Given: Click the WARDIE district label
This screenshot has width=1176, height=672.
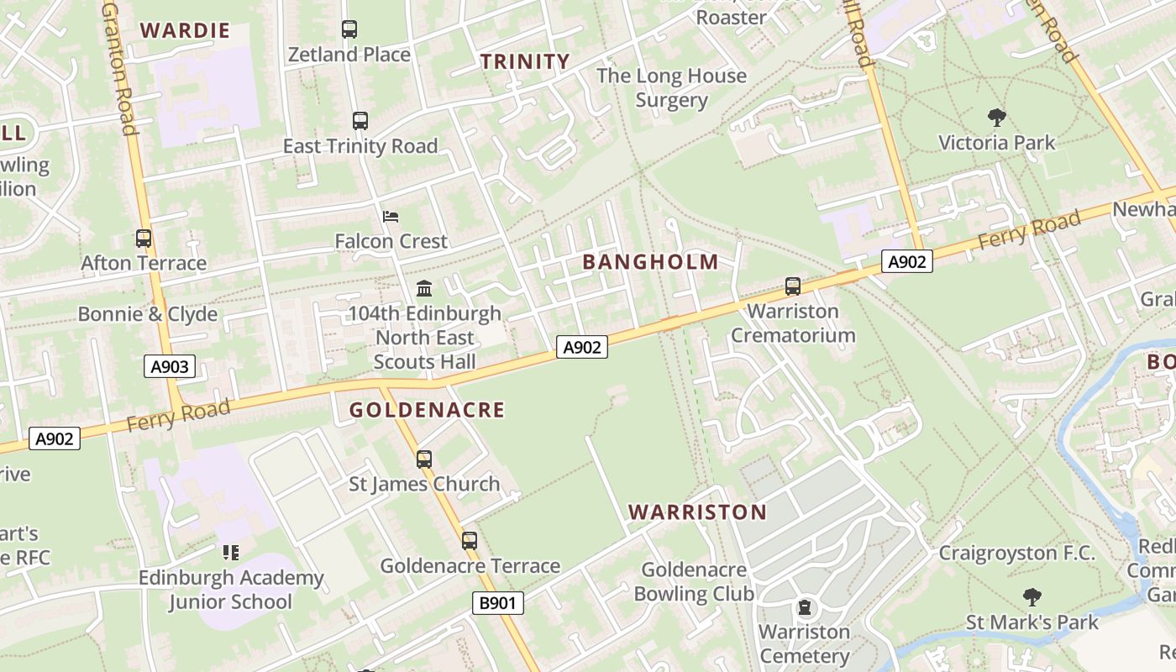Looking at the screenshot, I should pos(185,31).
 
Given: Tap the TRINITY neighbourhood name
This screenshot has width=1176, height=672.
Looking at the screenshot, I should pos(525,61).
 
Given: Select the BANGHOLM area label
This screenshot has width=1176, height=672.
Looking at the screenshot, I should pos(651,262).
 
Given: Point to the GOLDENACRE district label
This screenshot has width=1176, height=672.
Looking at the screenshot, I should pos(427,410).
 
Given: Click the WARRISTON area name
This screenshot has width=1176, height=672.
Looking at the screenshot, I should pos(697,512).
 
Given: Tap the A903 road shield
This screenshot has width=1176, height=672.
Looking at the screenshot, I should pos(170,366).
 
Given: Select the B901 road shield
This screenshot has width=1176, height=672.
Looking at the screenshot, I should pos(497,602).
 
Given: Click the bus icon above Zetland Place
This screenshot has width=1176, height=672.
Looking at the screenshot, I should pos(349,29).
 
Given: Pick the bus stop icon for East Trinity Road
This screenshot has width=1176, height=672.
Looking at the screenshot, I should pos(360,121).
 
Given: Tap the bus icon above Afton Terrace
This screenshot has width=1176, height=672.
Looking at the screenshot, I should pos(144,239).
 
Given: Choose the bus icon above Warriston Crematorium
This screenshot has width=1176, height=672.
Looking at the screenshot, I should pos(792,286).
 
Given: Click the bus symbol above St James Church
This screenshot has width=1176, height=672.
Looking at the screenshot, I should pos(424,459).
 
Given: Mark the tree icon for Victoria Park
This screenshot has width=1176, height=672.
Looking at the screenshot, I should pos(997,117).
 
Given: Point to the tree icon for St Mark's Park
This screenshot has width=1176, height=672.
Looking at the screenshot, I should pos(1032,597).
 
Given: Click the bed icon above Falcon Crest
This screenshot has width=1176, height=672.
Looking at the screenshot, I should pos(391,217).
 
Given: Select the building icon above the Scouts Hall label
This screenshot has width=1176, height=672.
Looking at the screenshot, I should pos(424,289).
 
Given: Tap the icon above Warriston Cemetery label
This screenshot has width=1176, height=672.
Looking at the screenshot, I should pos(805,606).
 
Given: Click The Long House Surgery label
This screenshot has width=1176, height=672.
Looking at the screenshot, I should pos(671,88).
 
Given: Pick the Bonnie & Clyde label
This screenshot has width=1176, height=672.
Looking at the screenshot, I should pos(148,314).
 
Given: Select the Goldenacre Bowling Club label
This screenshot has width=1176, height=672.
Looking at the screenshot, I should pos(694,581).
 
